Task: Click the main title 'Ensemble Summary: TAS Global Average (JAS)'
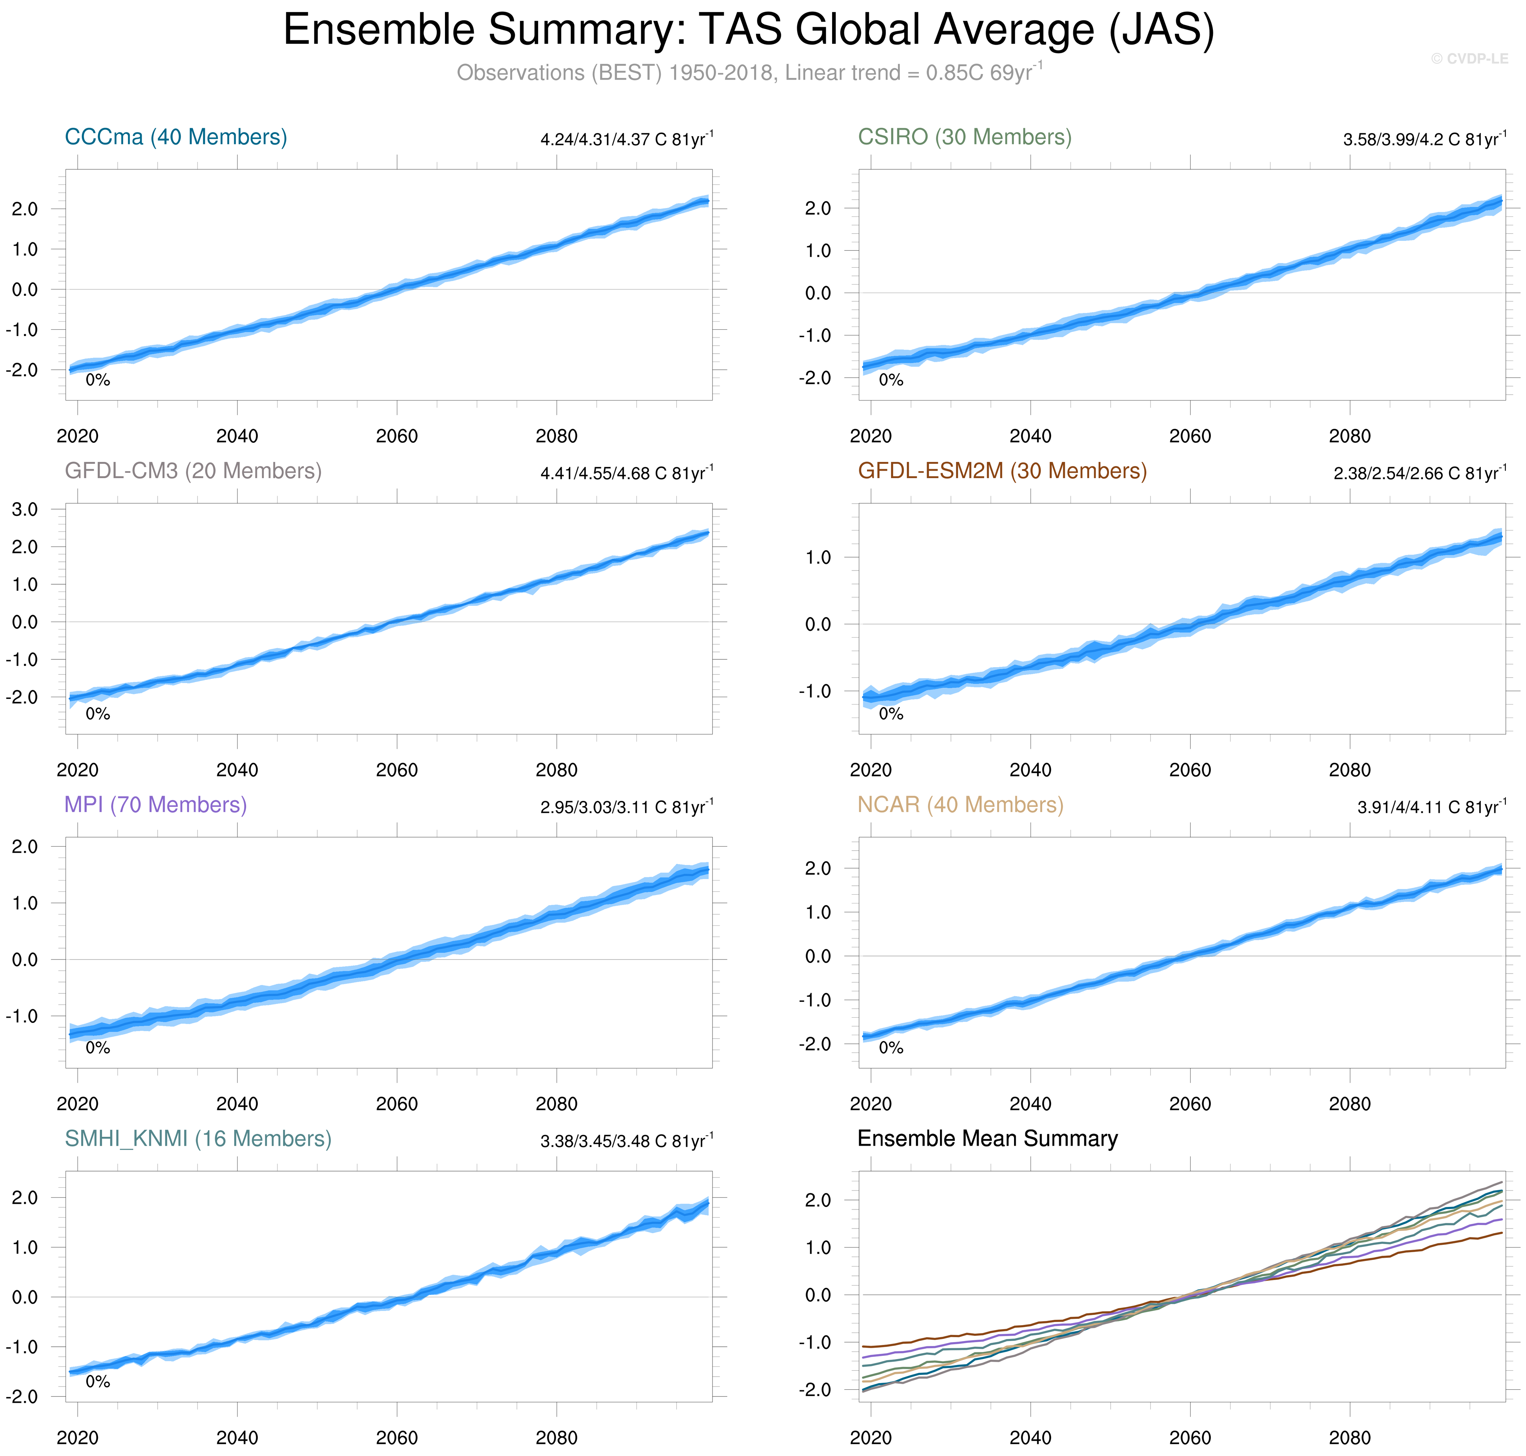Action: (748, 31)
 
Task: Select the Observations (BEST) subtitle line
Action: (748, 73)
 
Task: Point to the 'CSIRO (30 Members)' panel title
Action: (964, 138)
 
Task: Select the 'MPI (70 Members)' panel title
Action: (155, 805)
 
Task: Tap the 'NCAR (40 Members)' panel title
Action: (960, 805)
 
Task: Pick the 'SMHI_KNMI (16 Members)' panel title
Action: (198, 1139)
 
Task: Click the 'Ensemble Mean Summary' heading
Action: (987, 1139)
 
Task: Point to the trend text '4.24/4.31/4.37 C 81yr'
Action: (625, 140)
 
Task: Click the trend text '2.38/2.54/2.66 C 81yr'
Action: (1419, 474)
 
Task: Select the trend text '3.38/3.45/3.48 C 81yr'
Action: (625, 1141)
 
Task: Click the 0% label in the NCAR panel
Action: (890, 1048)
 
